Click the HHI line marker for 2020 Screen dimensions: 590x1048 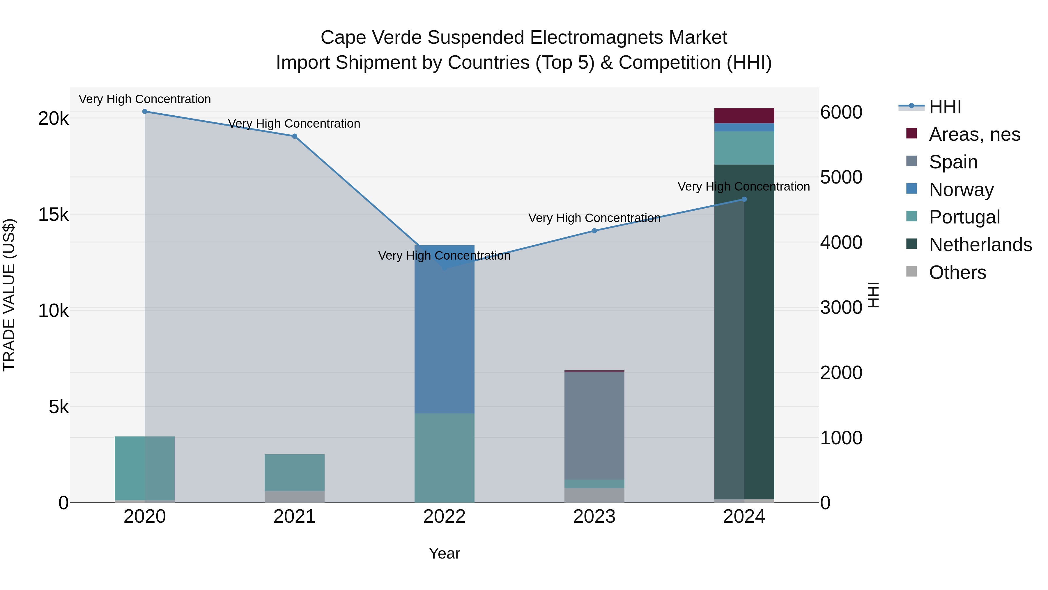145,112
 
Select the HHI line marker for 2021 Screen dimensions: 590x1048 295,136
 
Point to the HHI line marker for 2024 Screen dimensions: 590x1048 744,200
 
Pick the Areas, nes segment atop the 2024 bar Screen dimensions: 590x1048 744,116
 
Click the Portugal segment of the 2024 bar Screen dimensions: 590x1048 744,148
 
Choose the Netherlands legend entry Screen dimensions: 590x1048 980,245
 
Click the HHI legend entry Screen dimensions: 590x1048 945,107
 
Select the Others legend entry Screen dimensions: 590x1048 957,272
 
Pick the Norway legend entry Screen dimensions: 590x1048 961,190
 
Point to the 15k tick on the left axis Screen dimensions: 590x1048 53,214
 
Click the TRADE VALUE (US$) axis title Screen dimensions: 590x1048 9,295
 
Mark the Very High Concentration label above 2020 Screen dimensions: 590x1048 145,99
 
